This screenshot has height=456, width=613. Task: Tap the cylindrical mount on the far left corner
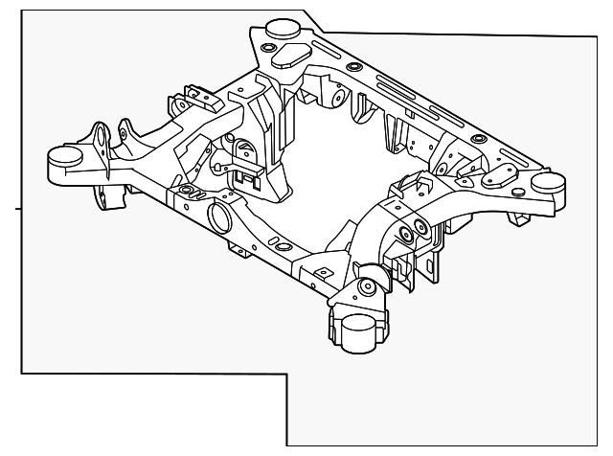pos(64,157)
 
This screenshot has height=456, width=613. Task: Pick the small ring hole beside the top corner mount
pos(269,47)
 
